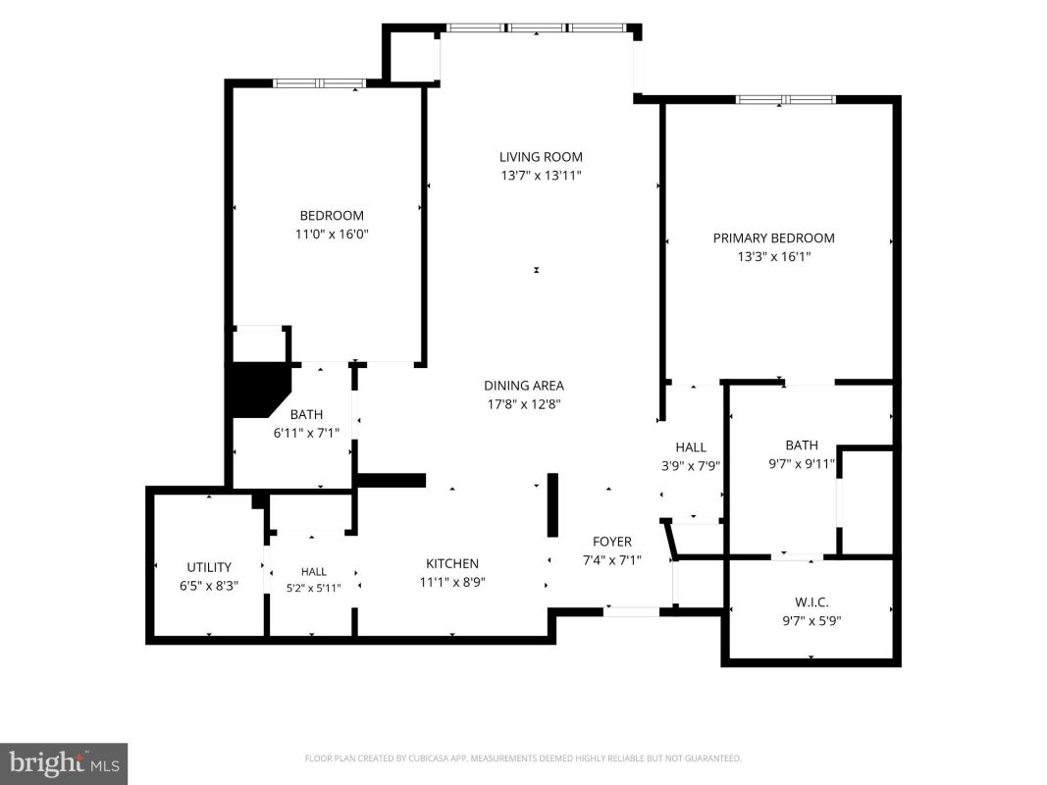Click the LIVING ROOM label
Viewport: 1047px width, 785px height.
pyautogui.click(x=541, y=157)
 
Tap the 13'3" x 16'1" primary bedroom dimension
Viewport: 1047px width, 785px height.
pyautogui.click(x=774, y=256)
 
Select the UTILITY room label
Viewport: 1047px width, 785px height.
pyautogui.click(x=209, y=567)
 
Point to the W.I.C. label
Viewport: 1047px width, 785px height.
pyautogui.click(x=811, y=602)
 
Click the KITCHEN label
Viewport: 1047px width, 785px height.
pyautogui.click(x=452, y=563)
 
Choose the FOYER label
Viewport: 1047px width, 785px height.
pyautogui.click(x=612, y=542)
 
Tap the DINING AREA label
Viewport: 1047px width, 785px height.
pyautogui.click(x=524, y=386)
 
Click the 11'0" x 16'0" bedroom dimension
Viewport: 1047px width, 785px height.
pyautogui.click(x=332, y=235)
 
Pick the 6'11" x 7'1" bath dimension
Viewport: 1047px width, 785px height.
pyautogui.click(x=306, y=433)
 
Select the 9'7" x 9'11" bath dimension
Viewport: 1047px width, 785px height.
pyautogui.click(x=802, y=463)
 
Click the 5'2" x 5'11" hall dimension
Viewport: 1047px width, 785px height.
pyautogui.click(x=314, y=588)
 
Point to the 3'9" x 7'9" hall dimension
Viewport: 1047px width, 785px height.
pyautogui.click(x=691, y=466)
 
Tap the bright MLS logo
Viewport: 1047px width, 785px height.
pyautogui.click(x=64, y=763)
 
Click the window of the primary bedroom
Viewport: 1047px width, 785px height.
pyautogui.click(x=786, y=100)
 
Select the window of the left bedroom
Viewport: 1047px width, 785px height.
pyautogui.click(x=319, y=83)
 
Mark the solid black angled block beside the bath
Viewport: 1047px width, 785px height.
pyautogui.click(x=259, y=391)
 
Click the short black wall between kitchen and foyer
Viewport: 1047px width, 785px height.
pyautogui.click(x=552, y=504)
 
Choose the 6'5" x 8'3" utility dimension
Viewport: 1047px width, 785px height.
pyautogui.click(x=209, y=586)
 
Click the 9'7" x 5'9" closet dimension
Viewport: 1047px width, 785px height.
pyautogui.click(x=811, y=621)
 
